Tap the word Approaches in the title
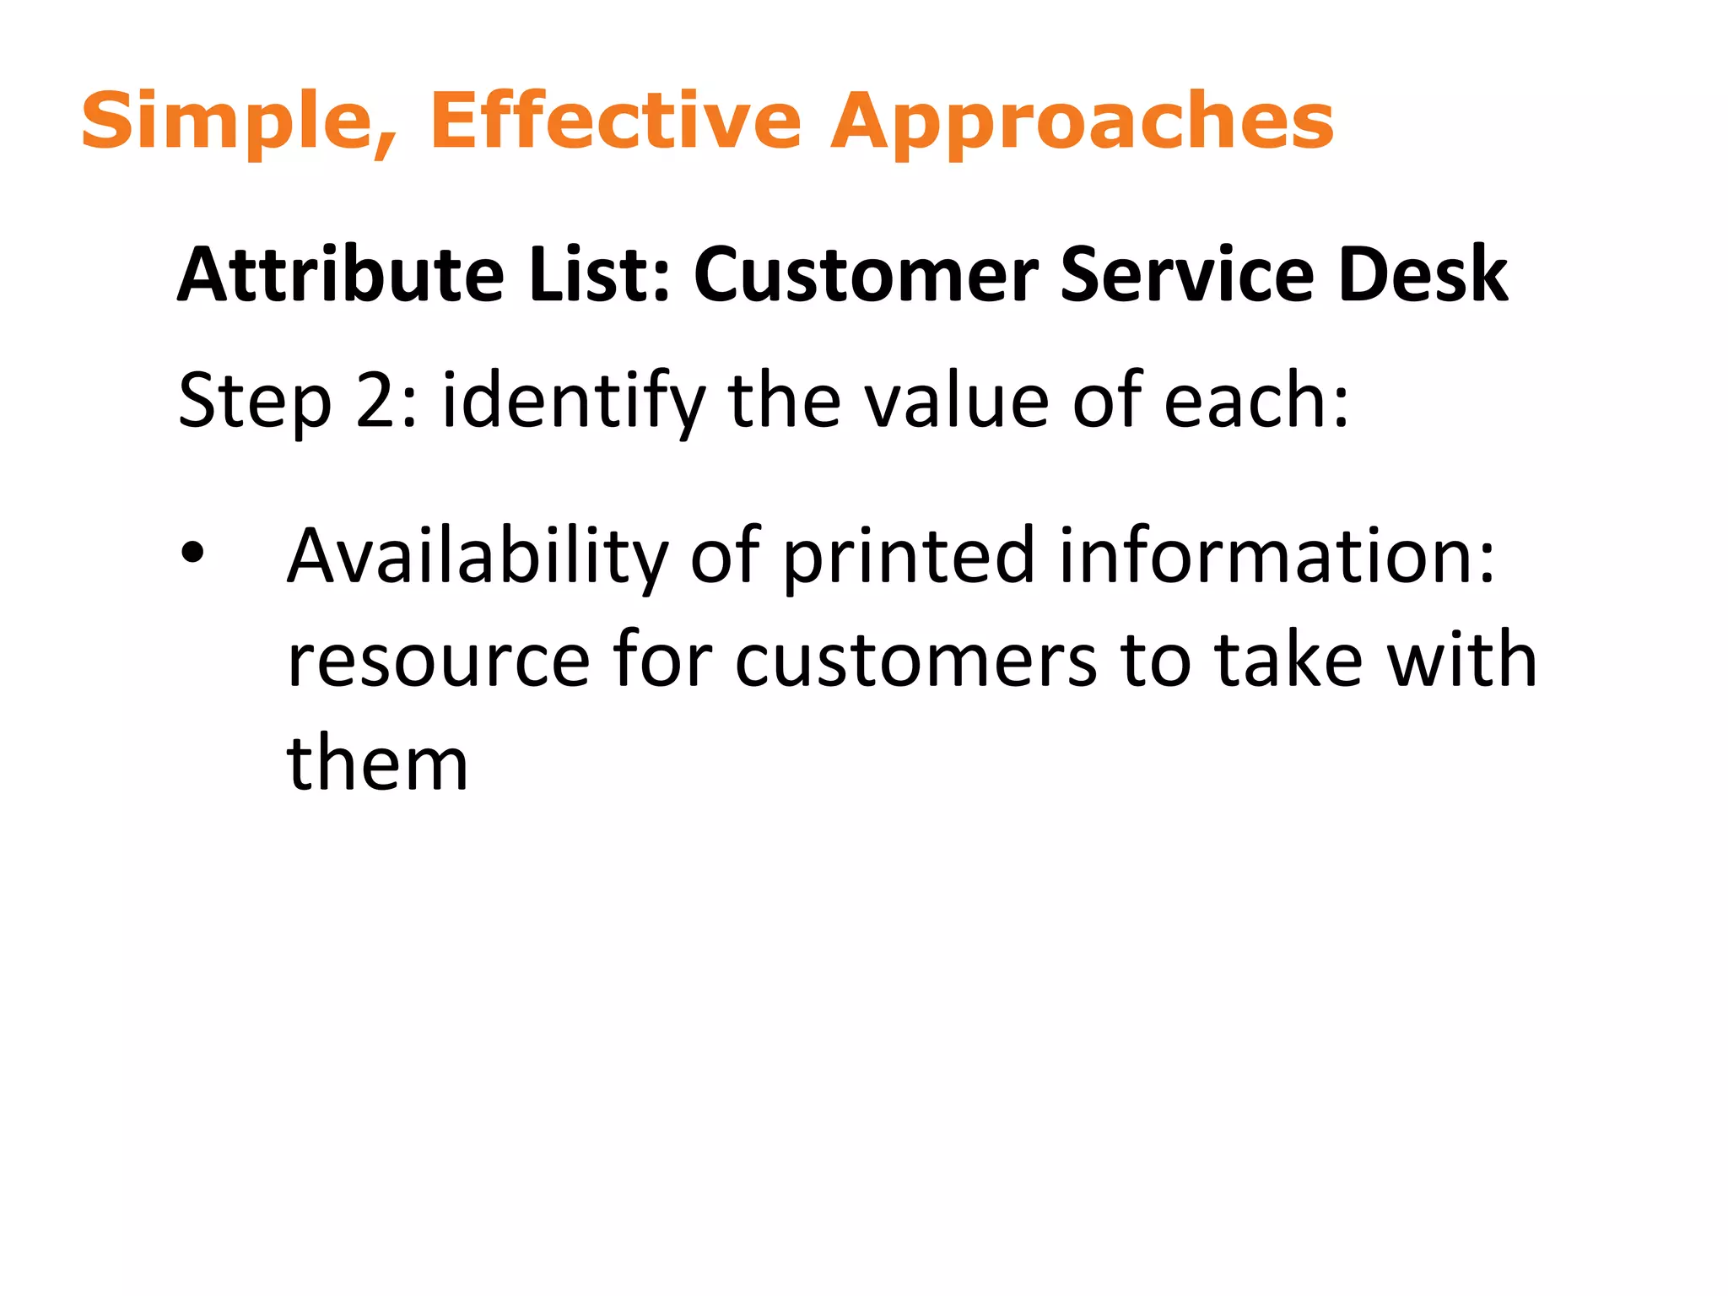[x=1083, y=122]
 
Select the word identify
[x=574, y=402]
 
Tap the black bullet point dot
[x=193, y=553]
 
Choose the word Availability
[x=478, y=556]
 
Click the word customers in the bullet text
[x=916, y=661]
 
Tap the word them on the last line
[x=377, y=764]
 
